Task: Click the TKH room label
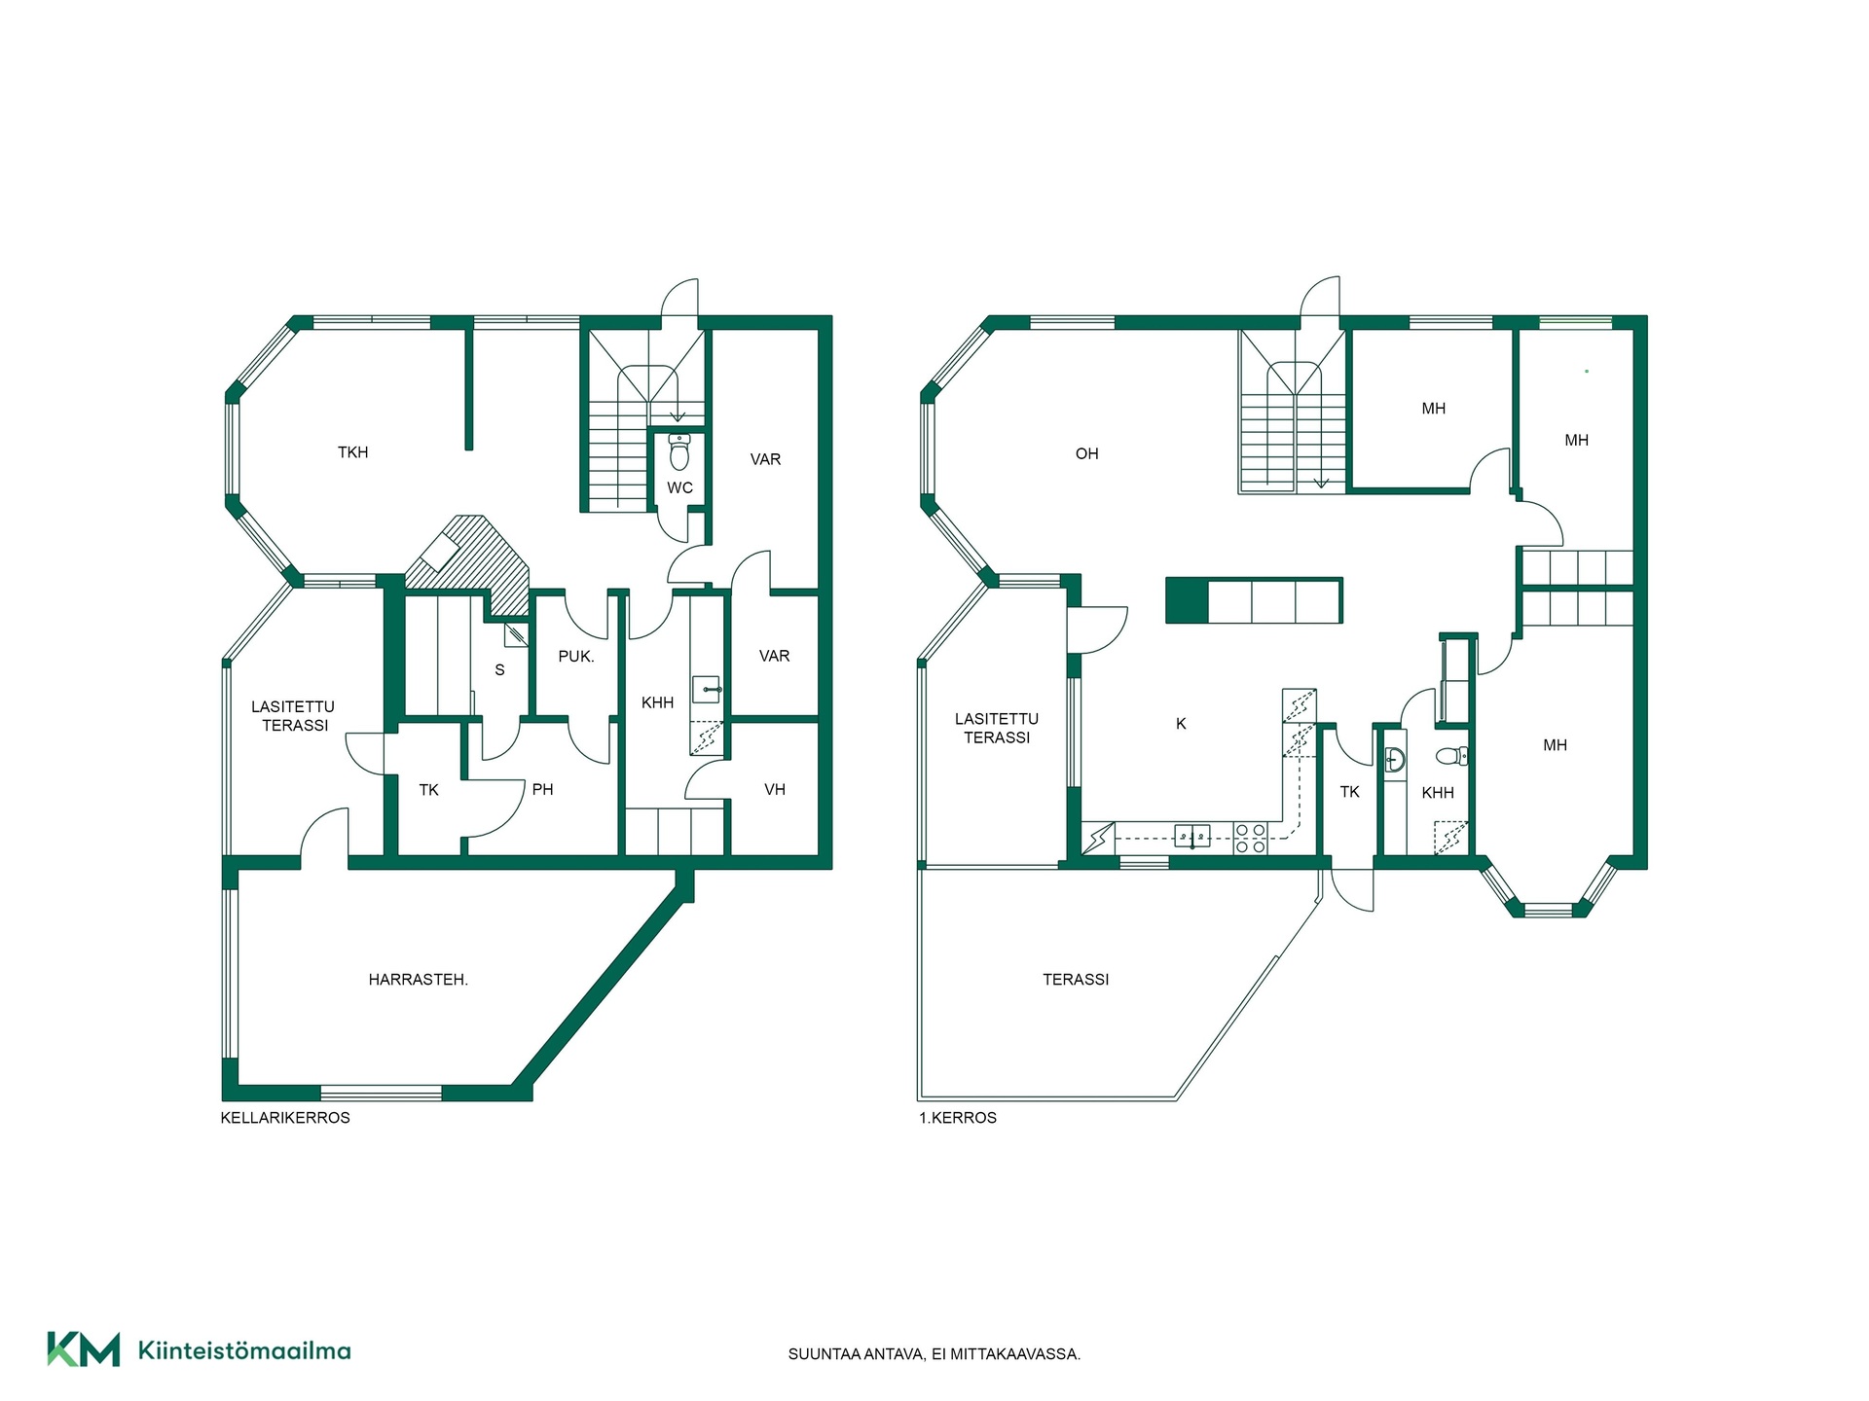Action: pos(352,452)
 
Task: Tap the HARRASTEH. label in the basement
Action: pos(419,980)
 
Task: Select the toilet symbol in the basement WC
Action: pos(679,451)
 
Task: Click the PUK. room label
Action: pos(576,657)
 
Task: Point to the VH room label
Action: pos(775,790)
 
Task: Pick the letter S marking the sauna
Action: pos(500,670)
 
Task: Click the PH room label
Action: pos(543,790)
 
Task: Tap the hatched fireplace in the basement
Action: pos(468,564)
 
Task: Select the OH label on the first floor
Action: pos(1087,454)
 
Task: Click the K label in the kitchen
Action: pos(1181,724)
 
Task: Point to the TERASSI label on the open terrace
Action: pos(1076,980)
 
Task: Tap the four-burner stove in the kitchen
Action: pos(1250,839)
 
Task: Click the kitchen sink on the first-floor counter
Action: pos(1192,835)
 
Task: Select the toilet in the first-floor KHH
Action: pos(1451,756)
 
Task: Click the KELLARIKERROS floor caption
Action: pos(285,1118)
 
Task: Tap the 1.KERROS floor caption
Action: pos(958,1118)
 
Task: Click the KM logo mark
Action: pos(84,1349)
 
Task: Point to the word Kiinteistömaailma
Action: pos(244,1350)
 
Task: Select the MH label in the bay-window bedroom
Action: pos(1556,745)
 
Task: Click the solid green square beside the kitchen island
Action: pos(1187,600)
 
